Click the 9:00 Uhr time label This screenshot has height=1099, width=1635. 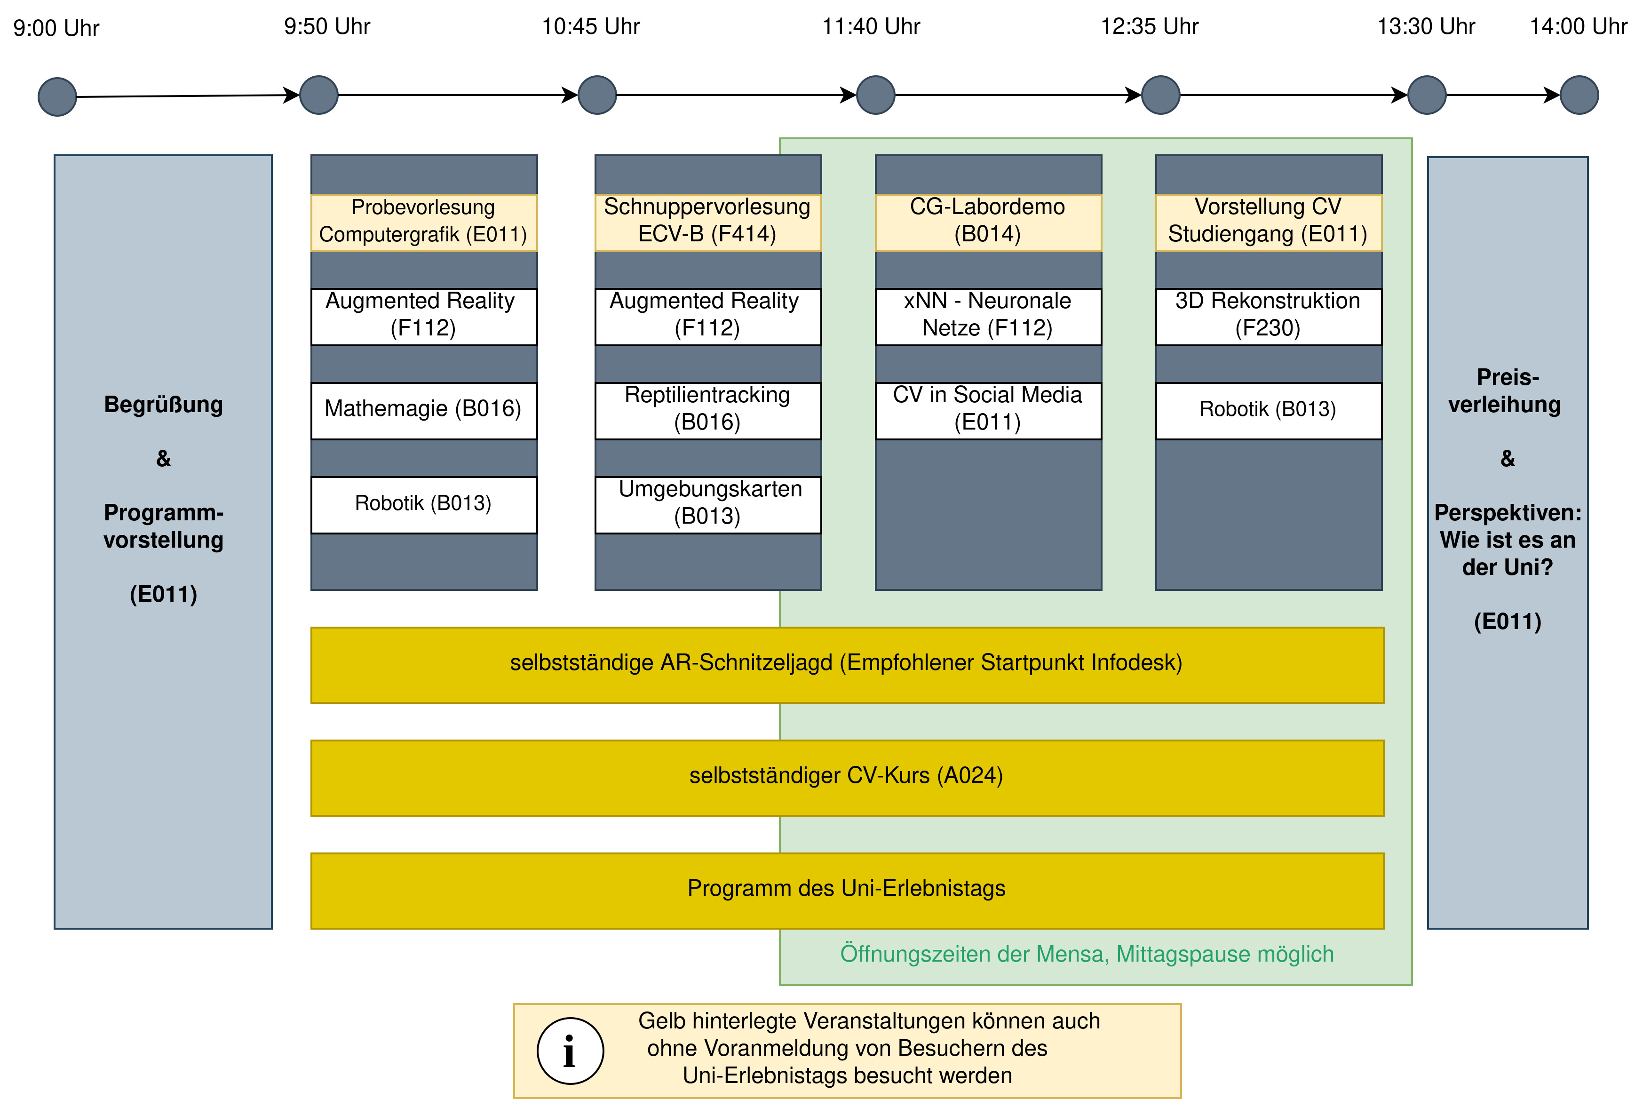56,28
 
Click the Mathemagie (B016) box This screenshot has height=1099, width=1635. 424,411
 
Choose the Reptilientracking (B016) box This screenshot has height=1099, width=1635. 708,411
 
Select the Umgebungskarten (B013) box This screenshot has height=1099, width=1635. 708,505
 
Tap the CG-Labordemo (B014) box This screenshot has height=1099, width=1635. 988,222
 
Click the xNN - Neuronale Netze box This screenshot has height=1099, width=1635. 988,317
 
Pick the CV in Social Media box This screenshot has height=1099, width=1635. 988,411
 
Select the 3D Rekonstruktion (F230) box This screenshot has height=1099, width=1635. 1269,317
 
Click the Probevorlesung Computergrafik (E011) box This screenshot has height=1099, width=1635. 424,222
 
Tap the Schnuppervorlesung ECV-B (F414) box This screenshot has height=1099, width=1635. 708,222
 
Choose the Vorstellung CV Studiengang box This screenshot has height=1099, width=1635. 1269,222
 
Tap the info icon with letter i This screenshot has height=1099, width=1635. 571,1051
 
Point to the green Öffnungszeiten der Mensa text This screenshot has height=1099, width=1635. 1087,954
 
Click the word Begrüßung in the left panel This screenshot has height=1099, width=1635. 163,405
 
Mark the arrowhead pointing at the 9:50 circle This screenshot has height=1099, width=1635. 291,96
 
